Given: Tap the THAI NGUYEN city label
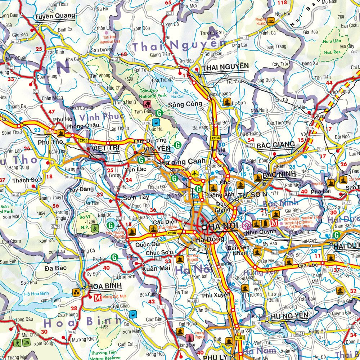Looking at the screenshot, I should click(226, 66).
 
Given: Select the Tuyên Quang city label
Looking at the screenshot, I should click(55, 15).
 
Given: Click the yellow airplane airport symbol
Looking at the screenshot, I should click(195, 174).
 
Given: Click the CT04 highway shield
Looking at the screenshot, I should click(215, 138).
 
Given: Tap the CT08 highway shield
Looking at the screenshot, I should click(172, 233).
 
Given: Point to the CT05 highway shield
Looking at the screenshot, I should click(84, 140).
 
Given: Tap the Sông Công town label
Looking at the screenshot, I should click(185, 104).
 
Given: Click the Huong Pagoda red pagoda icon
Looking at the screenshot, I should click(189, 338).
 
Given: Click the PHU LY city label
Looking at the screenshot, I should click(215, 357).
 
